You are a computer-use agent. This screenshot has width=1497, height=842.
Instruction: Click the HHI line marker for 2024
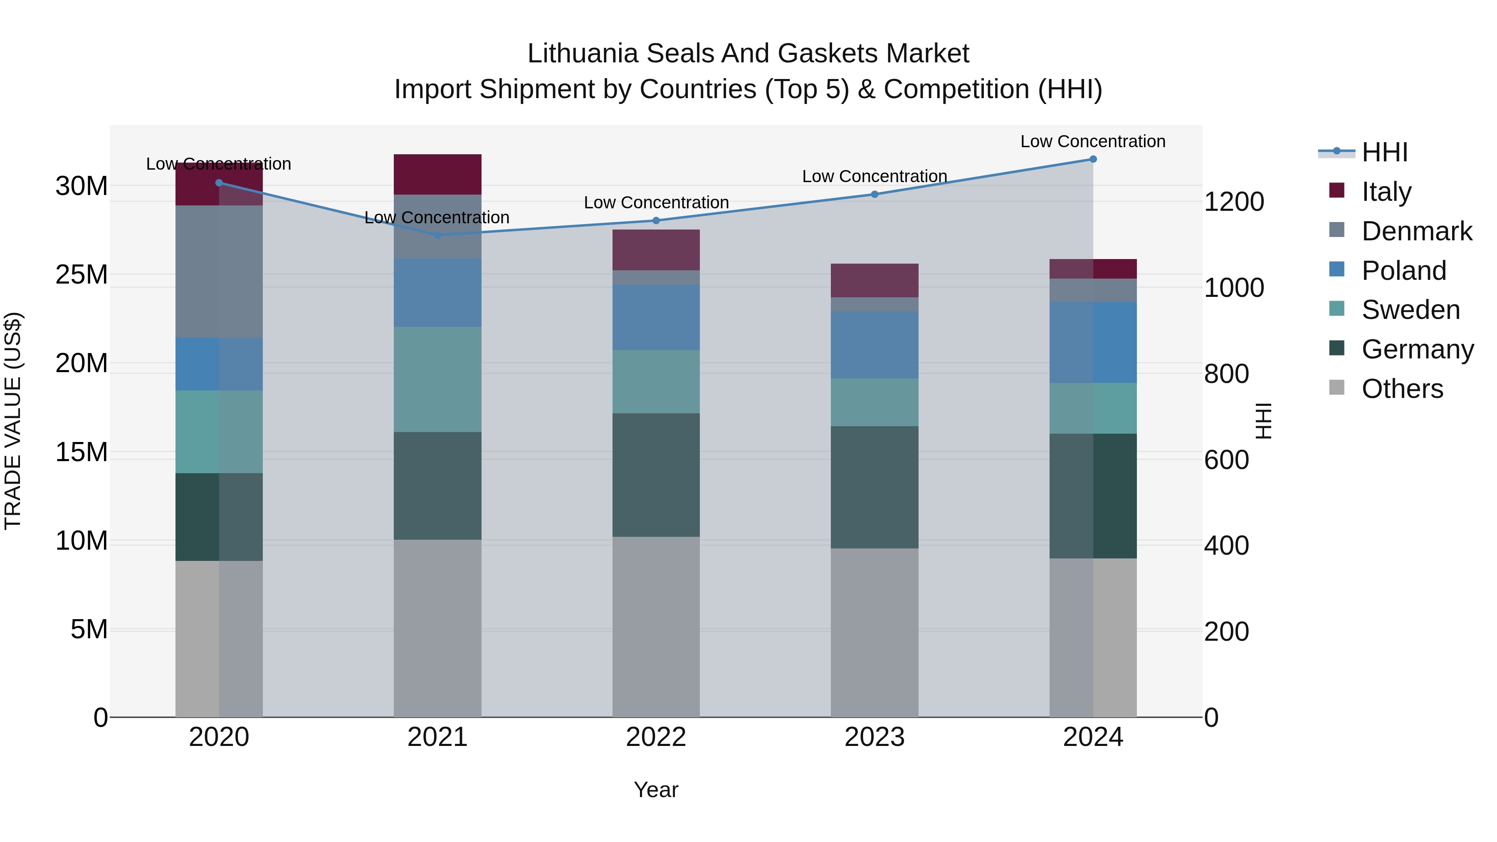point(1092,159)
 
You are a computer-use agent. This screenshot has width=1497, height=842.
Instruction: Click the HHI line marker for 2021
point(437,235)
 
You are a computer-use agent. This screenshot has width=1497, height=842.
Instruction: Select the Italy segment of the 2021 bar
point(437,174)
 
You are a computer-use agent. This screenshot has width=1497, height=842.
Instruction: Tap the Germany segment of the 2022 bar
point(656,475)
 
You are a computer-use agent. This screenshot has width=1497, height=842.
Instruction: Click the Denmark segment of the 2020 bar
point(219,272)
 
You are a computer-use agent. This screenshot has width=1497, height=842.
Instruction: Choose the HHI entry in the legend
point(1384,152)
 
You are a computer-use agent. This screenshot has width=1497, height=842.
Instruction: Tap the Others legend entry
point(1402,389)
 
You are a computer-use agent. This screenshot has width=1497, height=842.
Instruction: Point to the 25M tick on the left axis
point(82,275)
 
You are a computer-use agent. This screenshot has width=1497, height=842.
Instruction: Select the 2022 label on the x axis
point(656,737)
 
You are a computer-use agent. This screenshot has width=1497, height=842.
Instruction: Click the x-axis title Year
point(656,790)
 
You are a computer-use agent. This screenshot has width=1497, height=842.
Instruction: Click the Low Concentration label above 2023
point(874,176)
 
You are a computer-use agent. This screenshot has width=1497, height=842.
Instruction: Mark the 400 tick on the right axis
point(1226,546)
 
